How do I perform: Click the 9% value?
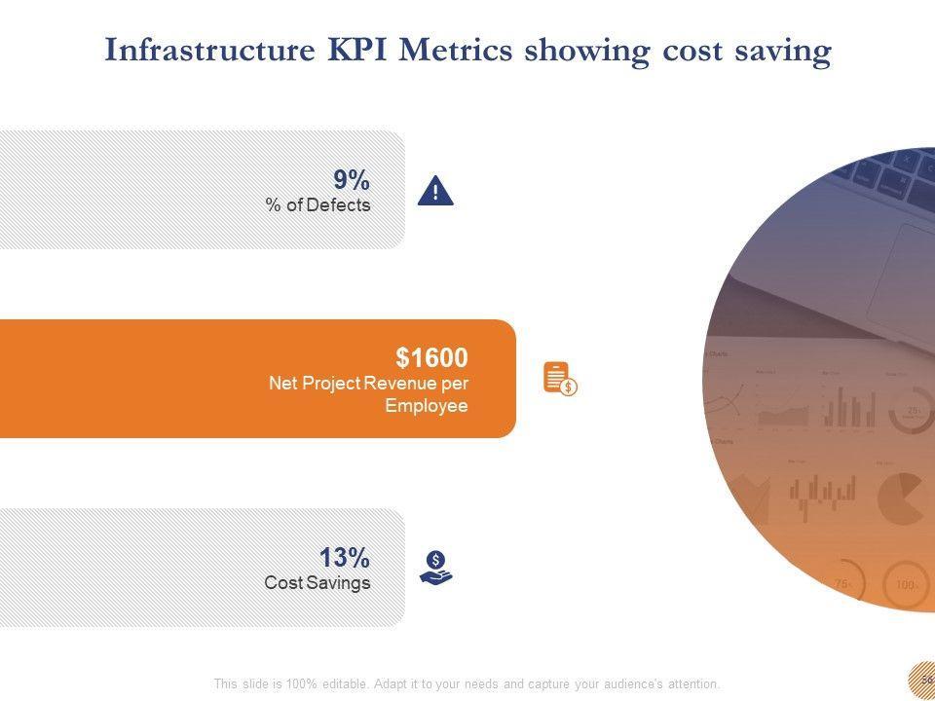tap(352, 180)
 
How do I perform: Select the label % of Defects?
tap(318, 204)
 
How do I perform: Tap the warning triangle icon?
tap(435, 191)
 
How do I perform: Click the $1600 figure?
tap(431, 357)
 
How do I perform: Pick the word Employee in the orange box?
tap(427, 405)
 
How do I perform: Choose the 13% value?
tap(345, 558)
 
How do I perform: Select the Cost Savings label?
tap(318, 582)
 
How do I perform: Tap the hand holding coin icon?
tap(436, 567)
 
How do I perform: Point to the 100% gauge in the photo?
tap(905, 585)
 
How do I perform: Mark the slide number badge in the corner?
tap(923, 679)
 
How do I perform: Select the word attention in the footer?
tap(691, 683)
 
